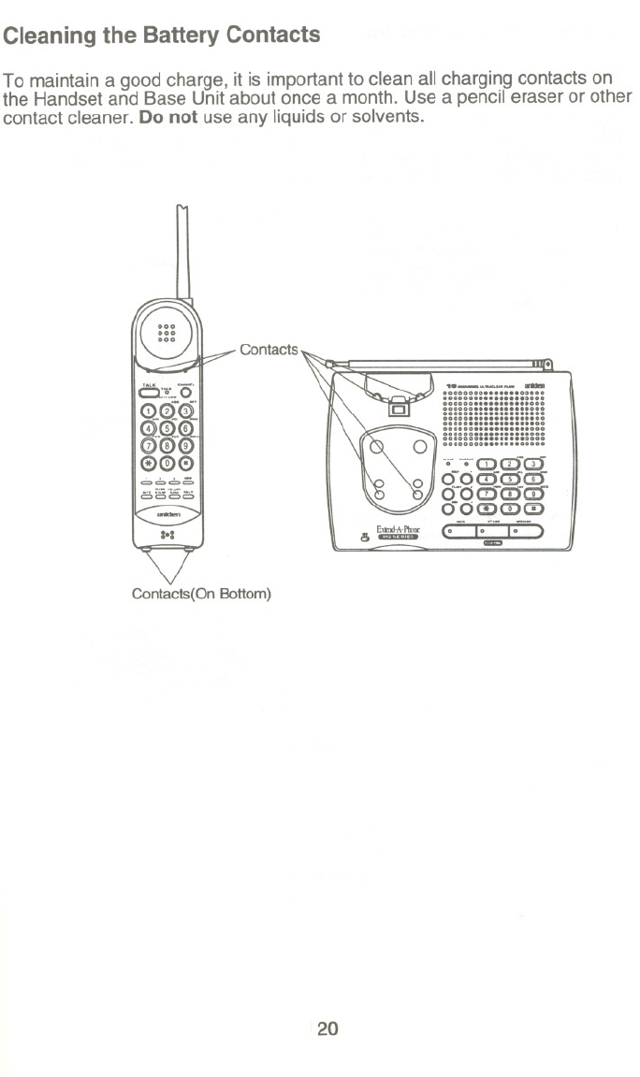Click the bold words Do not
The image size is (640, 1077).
[x=167, y=120]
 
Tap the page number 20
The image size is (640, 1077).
[x=327, y=1029]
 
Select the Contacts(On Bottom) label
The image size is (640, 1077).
[x=201, y=594]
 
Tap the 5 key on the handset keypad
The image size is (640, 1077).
[x=167, y=429]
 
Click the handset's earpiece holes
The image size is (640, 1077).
[x=167, y=334]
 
